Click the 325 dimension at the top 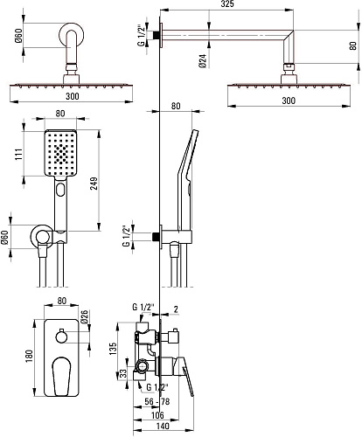pyautogui.click(x=227, y=4)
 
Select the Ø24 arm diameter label pyautogui.click(x=203, y=61)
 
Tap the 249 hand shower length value pyautogui.click(x=94, y=184)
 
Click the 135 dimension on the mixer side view pyautogui.click(x=113, y=349)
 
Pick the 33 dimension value pyautogui.click(x=123, y=373)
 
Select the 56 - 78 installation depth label pyautogui.click(x=157, y=401)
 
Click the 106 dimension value pyautogui.click(x=157, y=415)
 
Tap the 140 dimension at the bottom pyautogui.click(x=163, y=426)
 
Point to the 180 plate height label pyautogui.click(x=30, y=356)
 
